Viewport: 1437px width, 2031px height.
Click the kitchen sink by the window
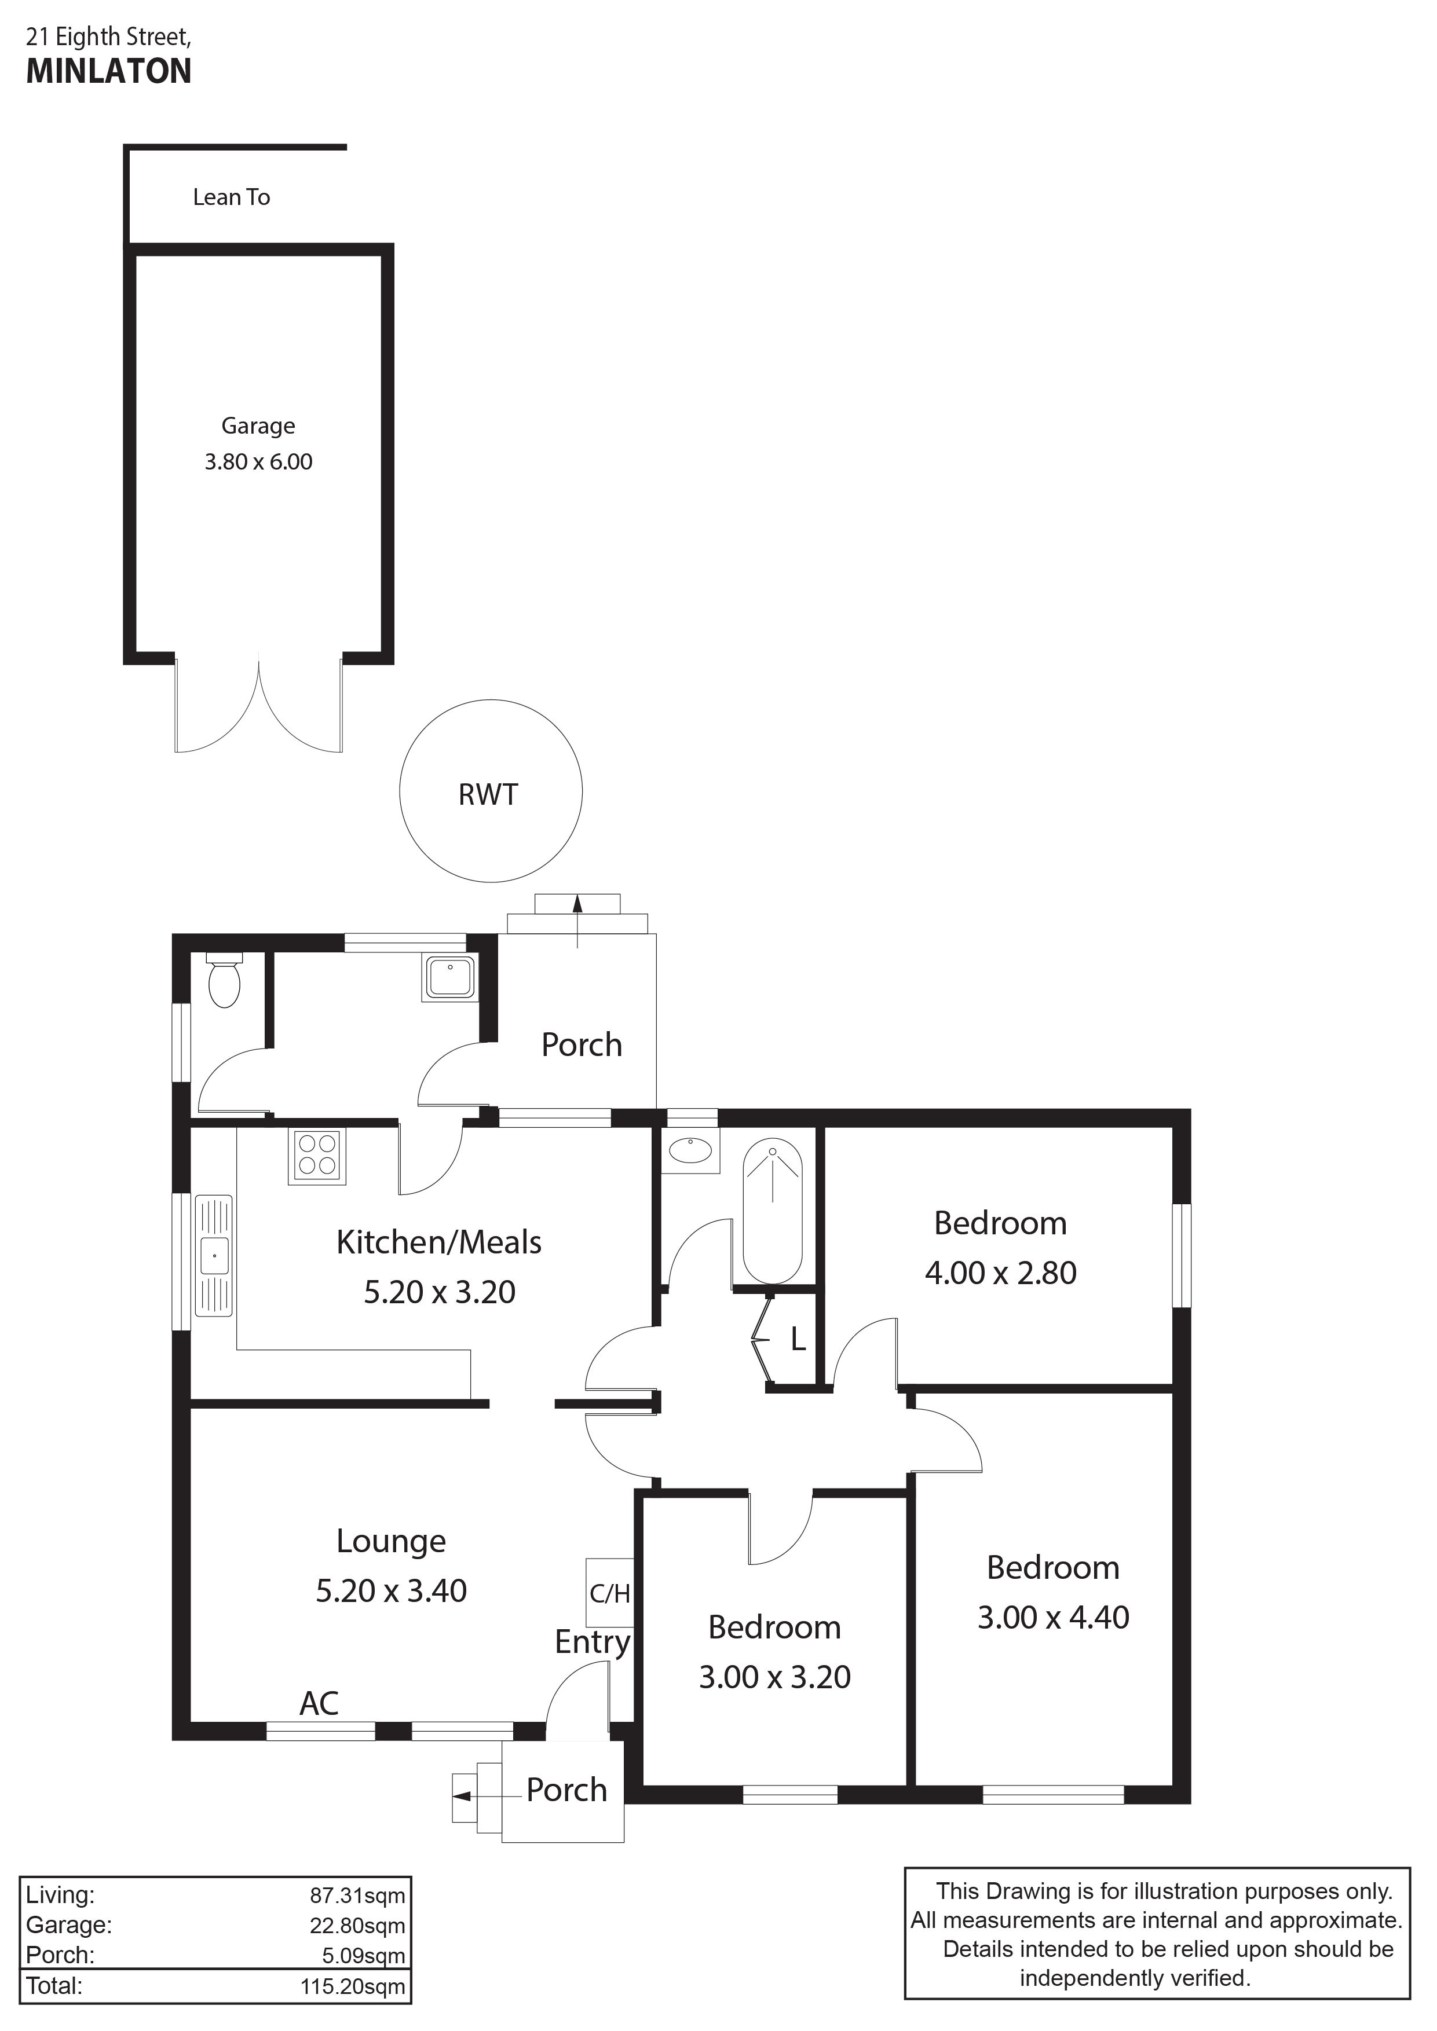(x=213, y=1256)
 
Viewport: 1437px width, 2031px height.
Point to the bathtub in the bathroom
(x=773, y=1212)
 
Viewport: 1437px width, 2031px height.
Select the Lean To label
(x=232, y=197)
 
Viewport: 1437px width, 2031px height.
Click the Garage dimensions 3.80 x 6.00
(x=258, y=462)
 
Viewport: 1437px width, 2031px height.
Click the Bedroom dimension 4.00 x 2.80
(x=1001, y=1273)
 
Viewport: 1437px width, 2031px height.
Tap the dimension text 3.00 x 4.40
(x=1053, y=1617)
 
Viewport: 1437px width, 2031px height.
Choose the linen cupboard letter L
(x=798, y=1340)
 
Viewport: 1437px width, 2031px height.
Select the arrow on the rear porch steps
(x=577, y=921)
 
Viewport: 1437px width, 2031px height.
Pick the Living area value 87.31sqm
(x=357, y=1896)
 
